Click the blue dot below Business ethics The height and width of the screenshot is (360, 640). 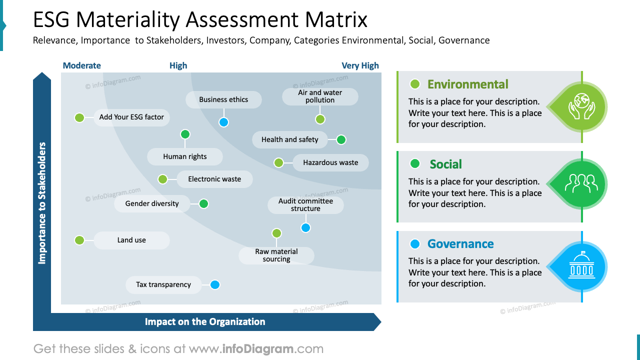click(223, 122)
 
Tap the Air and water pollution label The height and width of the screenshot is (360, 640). click(320, 96)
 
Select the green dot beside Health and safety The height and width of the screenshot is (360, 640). click(341, 140)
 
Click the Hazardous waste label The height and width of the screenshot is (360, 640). click(330, 162)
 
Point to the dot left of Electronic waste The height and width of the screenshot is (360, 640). click(162, 179)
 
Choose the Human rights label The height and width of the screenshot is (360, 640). click(184, 156)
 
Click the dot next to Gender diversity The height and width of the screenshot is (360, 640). click(203, 203)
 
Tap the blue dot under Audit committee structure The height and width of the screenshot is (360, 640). click(305, 228)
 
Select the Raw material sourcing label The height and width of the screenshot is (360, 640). click(276, 255)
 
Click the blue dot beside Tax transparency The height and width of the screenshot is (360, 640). click(214, 285)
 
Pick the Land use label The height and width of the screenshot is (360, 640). click(131, 240)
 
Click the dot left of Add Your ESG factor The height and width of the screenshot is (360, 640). click(79, 117)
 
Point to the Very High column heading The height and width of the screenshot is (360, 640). click(360, 65)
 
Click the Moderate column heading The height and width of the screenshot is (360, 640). click(82, 65)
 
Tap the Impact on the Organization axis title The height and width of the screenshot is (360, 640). click(205, 322)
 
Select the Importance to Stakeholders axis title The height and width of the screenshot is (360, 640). click(42, 203)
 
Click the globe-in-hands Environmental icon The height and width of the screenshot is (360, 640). click(581, 106)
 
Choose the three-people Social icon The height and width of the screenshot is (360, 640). click(581, 184)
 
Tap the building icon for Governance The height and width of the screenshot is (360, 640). click(581, 266)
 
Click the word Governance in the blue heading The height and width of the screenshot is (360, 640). click(460, 244)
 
